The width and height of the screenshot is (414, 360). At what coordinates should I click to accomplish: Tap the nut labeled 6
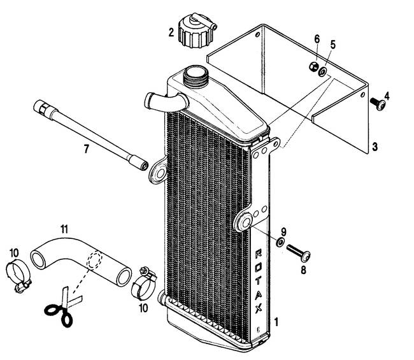click(x=313, y=66)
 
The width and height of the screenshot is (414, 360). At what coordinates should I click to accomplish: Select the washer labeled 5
click(x=323, y=72)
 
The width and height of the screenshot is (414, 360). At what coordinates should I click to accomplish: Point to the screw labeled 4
click(x=378, y=104)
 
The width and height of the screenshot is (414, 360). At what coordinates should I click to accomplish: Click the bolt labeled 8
click(x=298, y=252)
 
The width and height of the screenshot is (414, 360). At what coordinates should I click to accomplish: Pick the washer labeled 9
click(x=280, y=241)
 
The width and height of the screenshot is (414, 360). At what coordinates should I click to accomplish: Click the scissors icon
click(x=63, y=307)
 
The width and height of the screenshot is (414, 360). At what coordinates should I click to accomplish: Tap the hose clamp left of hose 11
click(x=18, y=275)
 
